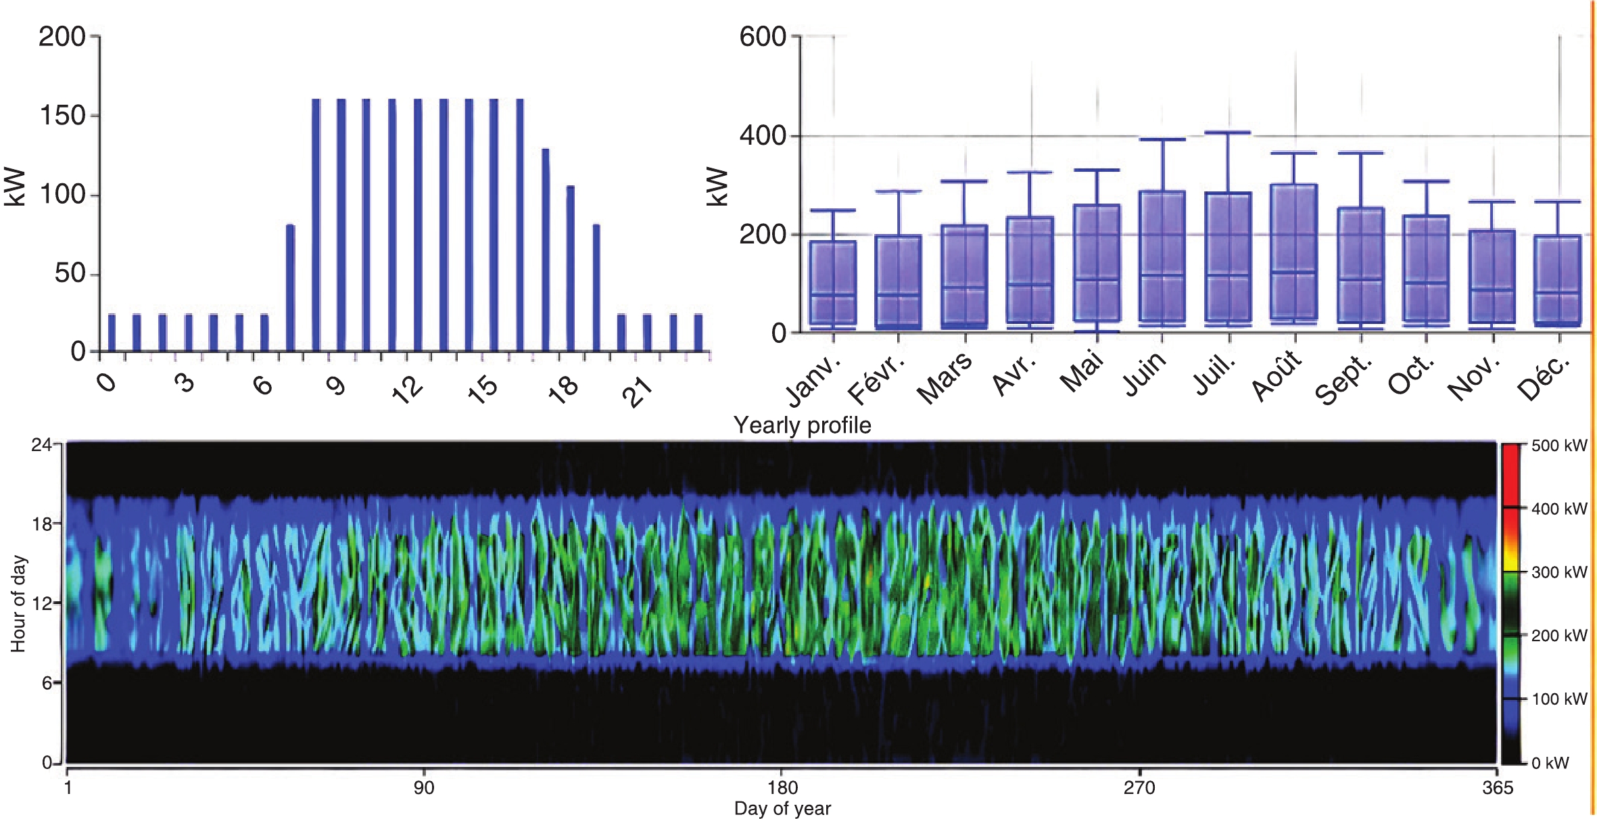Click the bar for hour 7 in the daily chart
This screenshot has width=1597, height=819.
click(x=290, y=288)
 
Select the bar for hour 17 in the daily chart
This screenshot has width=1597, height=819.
click(x=546, y=250)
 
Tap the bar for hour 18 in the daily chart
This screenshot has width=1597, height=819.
click(x=571, y=268)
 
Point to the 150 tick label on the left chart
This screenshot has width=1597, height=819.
click(x=62, y=116)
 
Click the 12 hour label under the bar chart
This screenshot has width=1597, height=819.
click(x=407, y=390)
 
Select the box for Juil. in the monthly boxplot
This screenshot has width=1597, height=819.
click(x=1228, y=257)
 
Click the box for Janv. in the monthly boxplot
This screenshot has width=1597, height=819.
click(x=833, y=283)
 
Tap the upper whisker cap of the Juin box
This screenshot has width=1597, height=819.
click(x=1162, y=139)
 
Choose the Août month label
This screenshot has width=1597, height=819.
click(x=1276, y=375)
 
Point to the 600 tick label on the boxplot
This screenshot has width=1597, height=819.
click(x=763, y=37)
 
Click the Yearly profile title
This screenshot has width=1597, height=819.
click(x=803, y=425)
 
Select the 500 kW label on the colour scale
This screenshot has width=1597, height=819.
click(x=1558, y=446)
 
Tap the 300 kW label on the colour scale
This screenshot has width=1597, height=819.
click(x=1558, y=572)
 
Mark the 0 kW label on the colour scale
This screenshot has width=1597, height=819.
click(x=1550, y=763)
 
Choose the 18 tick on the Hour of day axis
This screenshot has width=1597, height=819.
click(x=42, y=524)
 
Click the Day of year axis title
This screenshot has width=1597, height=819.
click(x=782, y=808)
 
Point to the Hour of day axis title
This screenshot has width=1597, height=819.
click(x=18, y=603)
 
